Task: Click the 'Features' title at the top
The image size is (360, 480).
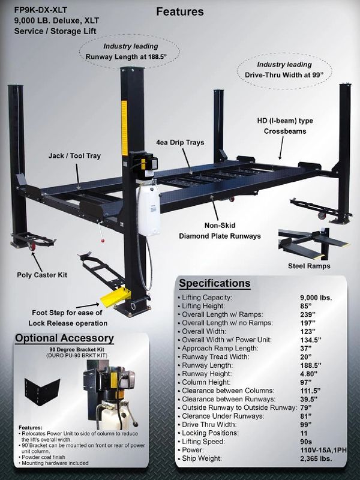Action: [x=179, y=11]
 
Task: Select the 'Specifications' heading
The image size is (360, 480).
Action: [x=215, y=283]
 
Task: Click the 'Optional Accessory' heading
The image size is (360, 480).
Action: [x=64, y=338]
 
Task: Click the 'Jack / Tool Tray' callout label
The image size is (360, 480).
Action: [x=74, y=156]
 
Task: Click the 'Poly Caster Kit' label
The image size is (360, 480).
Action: [x=41, y=275]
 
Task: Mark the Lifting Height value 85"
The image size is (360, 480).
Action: [x=306, y=306]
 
